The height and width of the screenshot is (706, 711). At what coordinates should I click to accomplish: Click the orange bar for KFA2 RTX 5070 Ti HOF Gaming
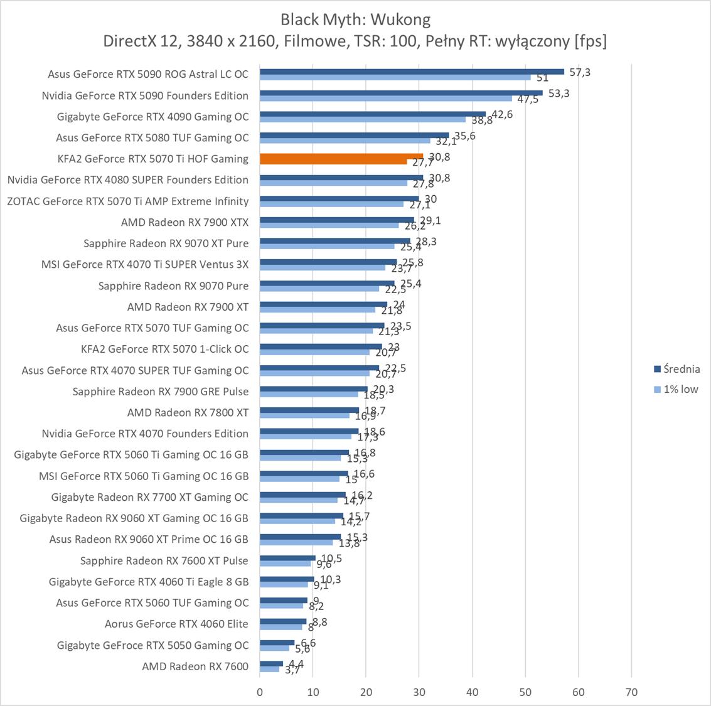point(341,156)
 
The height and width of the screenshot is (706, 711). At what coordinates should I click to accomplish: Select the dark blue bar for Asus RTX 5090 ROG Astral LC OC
point(412,72)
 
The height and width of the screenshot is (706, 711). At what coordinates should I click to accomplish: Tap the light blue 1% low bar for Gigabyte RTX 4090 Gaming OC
point(363,119)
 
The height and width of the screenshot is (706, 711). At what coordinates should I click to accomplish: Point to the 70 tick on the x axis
point(631,692)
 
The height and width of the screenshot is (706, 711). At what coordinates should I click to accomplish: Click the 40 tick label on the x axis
point(473,692)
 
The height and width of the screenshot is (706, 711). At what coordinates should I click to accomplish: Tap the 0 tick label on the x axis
point(260,692)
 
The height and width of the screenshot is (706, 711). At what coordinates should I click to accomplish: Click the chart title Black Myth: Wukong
point(355,19)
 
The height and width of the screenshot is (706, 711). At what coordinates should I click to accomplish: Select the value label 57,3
point(580,72)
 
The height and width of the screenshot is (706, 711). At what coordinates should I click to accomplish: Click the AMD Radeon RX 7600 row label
point(195,666)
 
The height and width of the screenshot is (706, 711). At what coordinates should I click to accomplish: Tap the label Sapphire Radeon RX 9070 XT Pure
point(166,243)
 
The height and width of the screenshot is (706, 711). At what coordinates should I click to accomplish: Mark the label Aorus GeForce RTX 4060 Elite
point(176,624)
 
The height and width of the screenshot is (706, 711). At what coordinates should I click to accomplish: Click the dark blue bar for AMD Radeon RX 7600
point(271,663)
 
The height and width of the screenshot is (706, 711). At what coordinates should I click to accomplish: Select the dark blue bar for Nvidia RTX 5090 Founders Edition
point(401,93)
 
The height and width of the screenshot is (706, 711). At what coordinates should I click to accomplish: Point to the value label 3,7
point(292,671)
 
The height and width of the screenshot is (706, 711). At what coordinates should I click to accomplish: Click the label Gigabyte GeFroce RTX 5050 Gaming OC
point(152,645)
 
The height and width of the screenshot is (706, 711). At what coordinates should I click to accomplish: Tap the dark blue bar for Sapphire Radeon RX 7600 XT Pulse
point(287,558)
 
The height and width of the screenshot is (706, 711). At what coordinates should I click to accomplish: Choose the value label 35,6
point(465,136)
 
